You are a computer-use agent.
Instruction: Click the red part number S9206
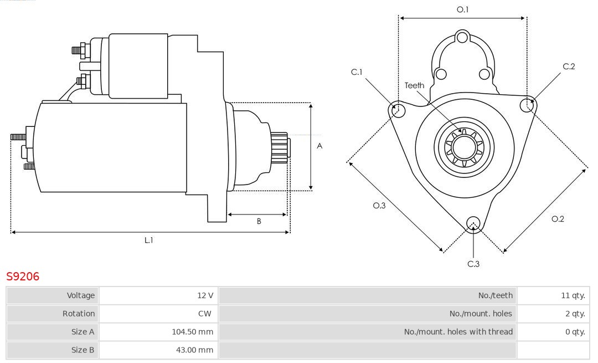pos(23,276)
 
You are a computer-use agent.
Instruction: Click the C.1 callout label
pos(357,72)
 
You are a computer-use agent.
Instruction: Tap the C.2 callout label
pos(569,67)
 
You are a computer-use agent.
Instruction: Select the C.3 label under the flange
pos(473,264)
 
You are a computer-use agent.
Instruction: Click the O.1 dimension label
pos(462,9)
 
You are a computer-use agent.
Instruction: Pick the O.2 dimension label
pos(558,219)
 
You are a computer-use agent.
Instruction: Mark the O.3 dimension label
pos(379,206)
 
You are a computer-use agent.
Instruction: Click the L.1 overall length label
pos(149,240)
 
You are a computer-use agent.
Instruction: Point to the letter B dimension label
pos(259,221)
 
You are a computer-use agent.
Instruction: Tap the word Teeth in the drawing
pos(414,85)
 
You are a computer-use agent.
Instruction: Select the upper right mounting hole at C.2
pos(527,104)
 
